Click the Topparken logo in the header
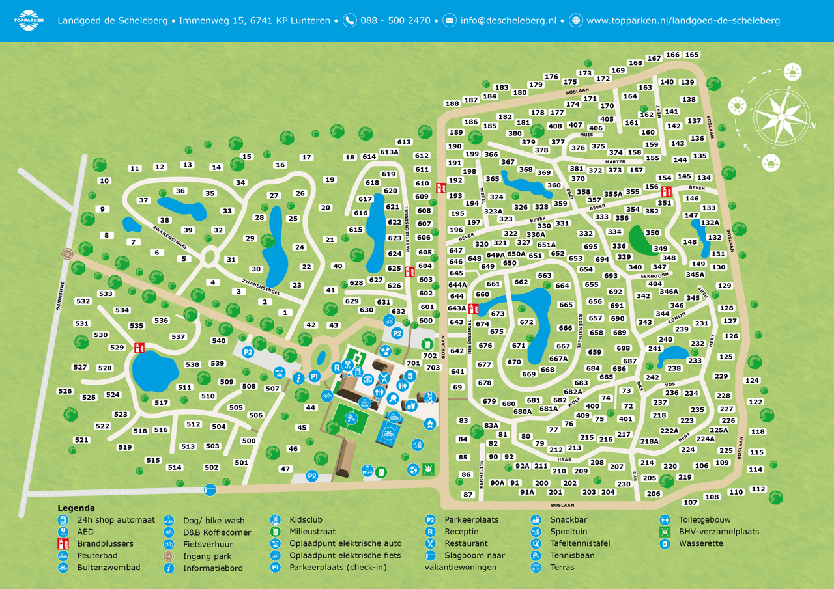[x=28, y=20]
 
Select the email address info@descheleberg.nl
[x=508, y=20]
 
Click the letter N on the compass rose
[x=812, y=126]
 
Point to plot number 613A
[x=389, y=152]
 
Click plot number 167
[x=654, y=59]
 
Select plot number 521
[x=81, y=440]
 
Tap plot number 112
[x=758, y=489]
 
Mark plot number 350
[x=652, y=232]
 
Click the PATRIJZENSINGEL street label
[x=407, y=229]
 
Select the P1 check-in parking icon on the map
[x=314, y=376]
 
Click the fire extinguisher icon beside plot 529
[x=139, y=348]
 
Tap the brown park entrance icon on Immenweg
[x=66, y=254]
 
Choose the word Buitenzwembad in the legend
[x=108, y=568]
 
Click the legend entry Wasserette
[x=701, y=543]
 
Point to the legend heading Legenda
[x=76, y=508]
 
